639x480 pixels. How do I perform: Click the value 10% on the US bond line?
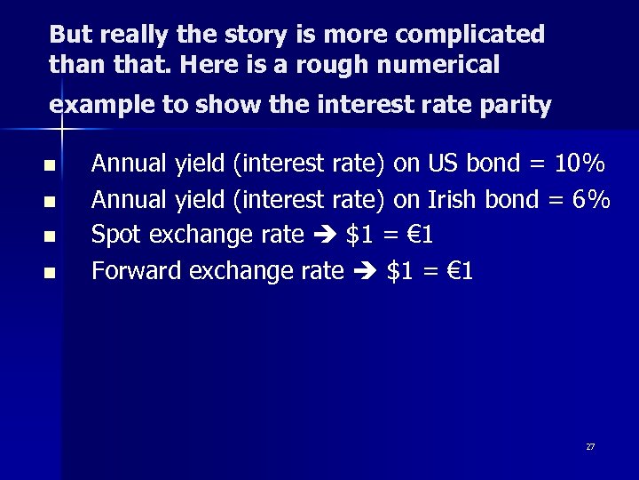tap(580, 164)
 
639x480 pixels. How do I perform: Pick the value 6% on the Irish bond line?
tap(591, 199)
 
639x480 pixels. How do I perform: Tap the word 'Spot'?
tap(119, 236)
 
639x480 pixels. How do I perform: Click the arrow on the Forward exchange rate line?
tap(367, 272)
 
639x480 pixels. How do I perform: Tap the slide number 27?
tap(590, 446)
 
